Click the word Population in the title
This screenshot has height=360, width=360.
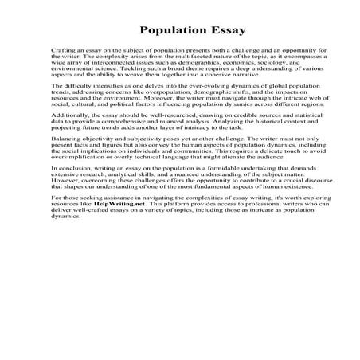170,32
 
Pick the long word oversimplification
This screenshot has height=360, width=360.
79,157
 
